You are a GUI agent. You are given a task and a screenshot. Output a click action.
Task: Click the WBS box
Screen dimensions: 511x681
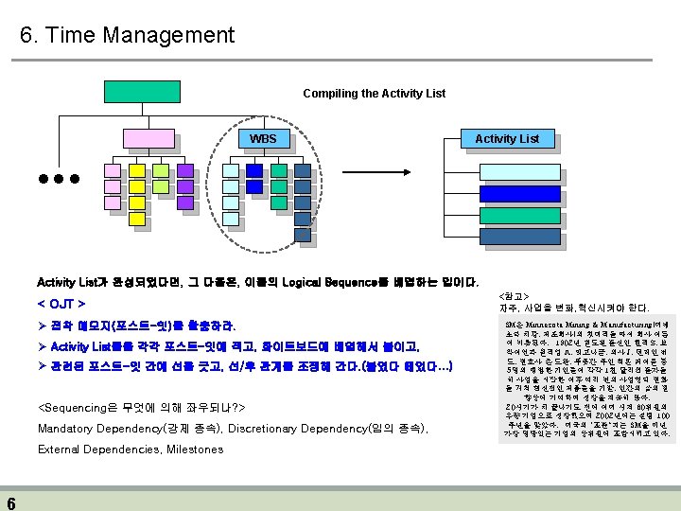click(263, 139)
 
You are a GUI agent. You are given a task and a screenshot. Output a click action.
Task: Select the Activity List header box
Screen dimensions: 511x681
click(507, 139)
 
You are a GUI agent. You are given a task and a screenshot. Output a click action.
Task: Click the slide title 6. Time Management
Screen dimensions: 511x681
click(127, 36)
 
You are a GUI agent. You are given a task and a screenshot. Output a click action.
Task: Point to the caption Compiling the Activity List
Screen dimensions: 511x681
click(374, 94)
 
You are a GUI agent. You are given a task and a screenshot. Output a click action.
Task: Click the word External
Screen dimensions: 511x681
click(59, 449)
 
